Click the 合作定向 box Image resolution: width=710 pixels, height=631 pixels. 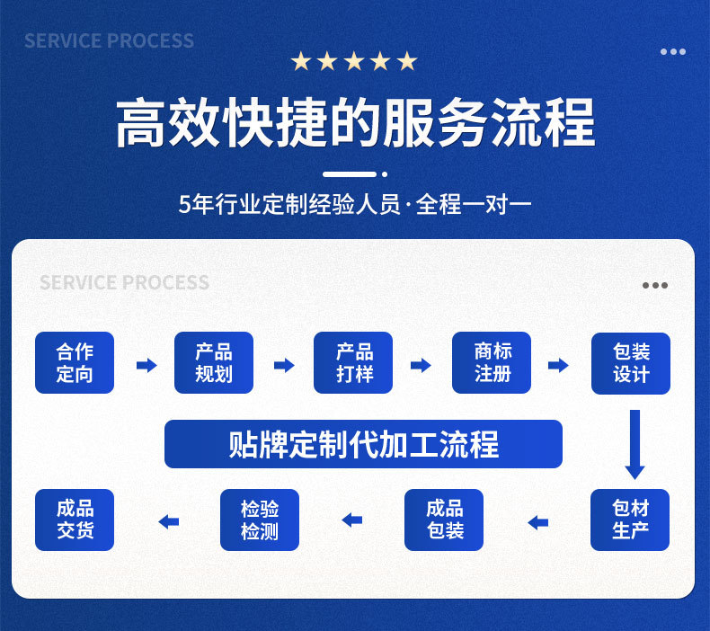pyautogui.click(x=75, y=363)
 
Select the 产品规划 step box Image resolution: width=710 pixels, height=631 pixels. pyautogui.click(x=214, y=363)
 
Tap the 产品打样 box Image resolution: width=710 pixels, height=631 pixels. pyautogui.click(x=353, y=363)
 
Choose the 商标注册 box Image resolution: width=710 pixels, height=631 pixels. pyautogui.click(x=492, y=363)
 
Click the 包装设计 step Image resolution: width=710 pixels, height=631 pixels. pyautogui.click(x=631, y=363)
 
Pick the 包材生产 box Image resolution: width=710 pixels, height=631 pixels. pyautogui.click(x=630, y=520)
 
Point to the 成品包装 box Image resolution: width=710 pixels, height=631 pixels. pyautogui.click(x=444, y=520)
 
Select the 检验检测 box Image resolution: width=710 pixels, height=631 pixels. pyautogui.click(x=260, y=520)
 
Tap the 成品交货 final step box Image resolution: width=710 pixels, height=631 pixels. pyautogui.click(x=75, y=520)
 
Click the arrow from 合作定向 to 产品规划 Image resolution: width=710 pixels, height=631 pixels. pyautogui.click(x=146, y=365)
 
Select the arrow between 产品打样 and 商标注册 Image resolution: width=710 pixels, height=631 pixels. pyautogui.click(x=421, y=365)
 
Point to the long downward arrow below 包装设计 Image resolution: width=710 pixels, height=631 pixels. pyautogui.click(x=635, y=444)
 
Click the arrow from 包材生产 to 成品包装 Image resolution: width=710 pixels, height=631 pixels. pyautogui.click(x=537, y=521)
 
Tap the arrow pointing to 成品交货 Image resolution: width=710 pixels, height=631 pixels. pyautogui.click(x=168, y=521)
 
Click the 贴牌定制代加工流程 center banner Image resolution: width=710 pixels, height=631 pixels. pyautogui.click(x=363, y=444)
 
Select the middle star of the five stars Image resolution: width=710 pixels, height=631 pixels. pyautogui.click(x=354, y=61)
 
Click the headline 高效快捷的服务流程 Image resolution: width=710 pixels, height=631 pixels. pyautogui.click(x=355, y=124)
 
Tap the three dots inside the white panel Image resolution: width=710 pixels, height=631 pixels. pyautogui.click(x=655, y=286)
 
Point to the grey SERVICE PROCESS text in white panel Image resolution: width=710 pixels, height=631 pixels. pyautogui.click(x=124, y=283)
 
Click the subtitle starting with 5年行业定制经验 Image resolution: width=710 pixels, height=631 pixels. pyautogui.click(x=355, y=204)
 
